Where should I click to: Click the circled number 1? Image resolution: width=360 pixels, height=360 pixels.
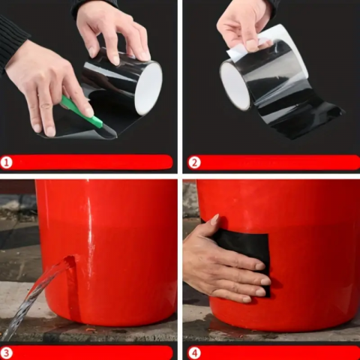pos(7,163)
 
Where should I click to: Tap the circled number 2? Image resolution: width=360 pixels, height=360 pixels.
pos(194,163)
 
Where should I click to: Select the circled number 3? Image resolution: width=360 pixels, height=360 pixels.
pos(7,353)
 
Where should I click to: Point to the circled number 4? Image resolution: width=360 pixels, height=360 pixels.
pos(194,353)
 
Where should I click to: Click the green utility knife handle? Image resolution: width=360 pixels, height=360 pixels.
pos(81,110)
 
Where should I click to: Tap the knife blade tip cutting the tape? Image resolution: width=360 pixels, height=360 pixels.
pos(116,136)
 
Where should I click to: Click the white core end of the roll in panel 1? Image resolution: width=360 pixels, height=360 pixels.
pos(148,89)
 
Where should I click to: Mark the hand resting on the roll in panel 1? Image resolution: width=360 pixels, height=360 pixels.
pos(114,31)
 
